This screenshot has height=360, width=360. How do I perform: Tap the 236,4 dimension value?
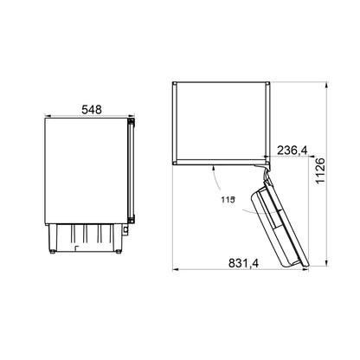292,152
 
